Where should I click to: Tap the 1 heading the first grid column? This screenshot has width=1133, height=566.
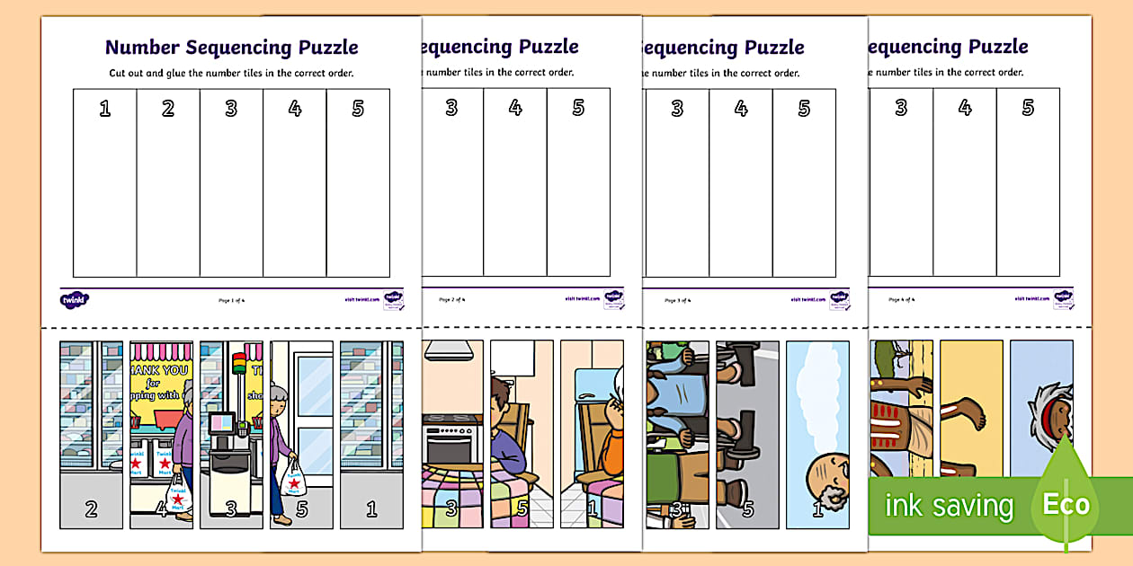pyautogui.click(x=105, y=109)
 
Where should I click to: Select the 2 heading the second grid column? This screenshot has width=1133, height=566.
pyautogui.click(x=168, y=109)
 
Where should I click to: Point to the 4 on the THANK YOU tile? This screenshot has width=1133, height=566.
pyautogui.click(x=161, y=509)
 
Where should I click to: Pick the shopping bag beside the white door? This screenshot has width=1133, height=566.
pyautogui.click(x=293, y=476)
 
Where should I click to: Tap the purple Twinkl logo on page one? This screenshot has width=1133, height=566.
pyautogui.click(x=71, y=299)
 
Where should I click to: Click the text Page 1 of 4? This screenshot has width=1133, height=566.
pyautogui.click(x=230, y=299)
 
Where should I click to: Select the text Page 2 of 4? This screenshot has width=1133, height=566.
pyautogui.click(x=451, y=299)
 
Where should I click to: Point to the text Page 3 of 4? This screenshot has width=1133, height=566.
pyautogui.click(x=677, y=299)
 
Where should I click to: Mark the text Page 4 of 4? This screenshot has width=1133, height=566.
pyautogui.click(x=901, y=299)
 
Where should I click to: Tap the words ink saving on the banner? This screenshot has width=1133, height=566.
pyautogui.click(x=949, y=506)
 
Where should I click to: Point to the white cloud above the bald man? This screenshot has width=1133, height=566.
pyautogui.click(x=819, y=395)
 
